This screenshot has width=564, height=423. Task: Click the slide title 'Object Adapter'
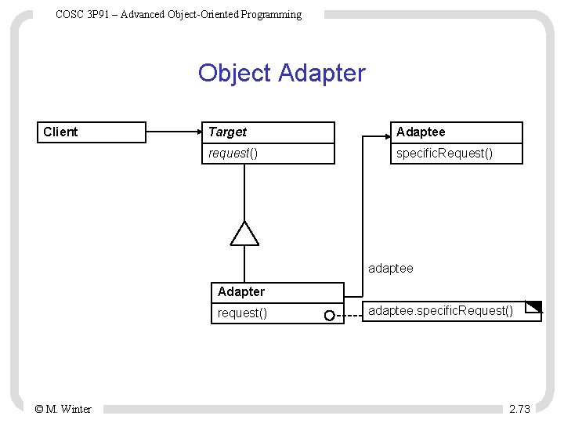pyautogui.click(x=281, y=73)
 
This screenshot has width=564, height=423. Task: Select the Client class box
pyautogui.click(x=92, y=132)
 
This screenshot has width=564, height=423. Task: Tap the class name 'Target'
pyautogui.click(x=227, y=132)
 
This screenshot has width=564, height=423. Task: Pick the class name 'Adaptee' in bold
pyautogui.click(x=420, y=132)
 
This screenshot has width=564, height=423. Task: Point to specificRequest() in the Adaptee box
pyautogui.click(x=444, y=153)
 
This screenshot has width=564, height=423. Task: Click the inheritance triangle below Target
pyautogui.click(x=244, y=233)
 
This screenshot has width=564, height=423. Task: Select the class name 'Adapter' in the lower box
pyautogui.click(x=241, y=291)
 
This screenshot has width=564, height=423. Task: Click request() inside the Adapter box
pyautogui.click(x=242, y=313)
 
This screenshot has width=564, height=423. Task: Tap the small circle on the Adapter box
pyautogui.click(x=330, y=316)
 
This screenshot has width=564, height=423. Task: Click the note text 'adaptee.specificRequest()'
pyautogui.click(x=440, y=311)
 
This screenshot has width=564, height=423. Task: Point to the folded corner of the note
pyautogui.click(x=534, y=306)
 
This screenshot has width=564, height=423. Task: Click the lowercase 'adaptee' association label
pyautogui.click(x=390, y=269)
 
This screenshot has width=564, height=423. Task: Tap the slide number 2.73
pyautogui.click(x=519, y=409)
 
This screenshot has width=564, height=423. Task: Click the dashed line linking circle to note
pyautogui.click(x=349, y=316)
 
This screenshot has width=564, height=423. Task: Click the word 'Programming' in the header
pyautogui.click(x=272, y=14)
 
